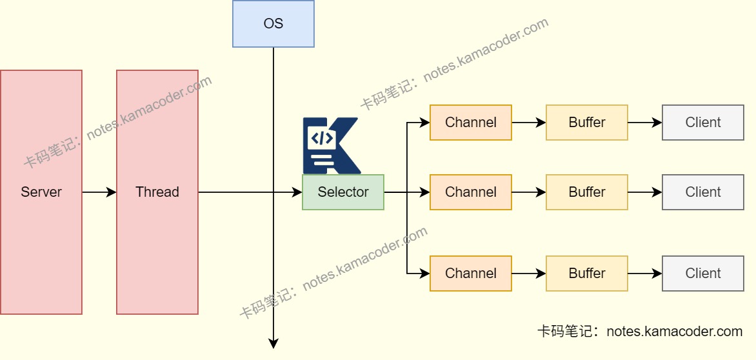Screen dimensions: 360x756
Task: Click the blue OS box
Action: pyautogui.click(x=274, y=24)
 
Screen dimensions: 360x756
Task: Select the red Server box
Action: pyautogui.click(x=41, y=192)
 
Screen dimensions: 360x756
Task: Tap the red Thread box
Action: pyautogui.click(x=157, y=192)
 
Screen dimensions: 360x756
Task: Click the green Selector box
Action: pyautogui.click(x=343, y=192)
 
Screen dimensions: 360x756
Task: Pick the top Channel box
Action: pyautogui.click(x=471, y=123)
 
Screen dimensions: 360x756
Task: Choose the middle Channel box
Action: pyautogui.click(x=471, y=192)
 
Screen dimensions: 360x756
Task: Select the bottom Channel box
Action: pyautogui.click(x=471, y=274)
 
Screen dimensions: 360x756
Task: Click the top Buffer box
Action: pyautogui.click(x=587, y=123)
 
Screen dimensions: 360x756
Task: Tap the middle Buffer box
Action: pyautogui.click(x=587, y=192)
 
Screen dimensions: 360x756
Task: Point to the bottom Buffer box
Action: pyautogui.click(x=587, y=274)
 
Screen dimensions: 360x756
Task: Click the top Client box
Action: pyautogui.click(x=703, y=123)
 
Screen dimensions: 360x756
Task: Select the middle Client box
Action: pyautogui.click(x=703, y=192)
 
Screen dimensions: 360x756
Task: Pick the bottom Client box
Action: pyautogui.click(x=703, y=274)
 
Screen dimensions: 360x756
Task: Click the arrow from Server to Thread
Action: pyautogui.click(x=99, y=192)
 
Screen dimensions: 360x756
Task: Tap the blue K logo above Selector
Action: pyautogui.click(x=330, y=145)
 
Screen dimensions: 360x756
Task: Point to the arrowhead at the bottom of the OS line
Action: pyautogui.click(x=274, y=343)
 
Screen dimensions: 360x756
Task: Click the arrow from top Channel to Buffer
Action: pyautogui.click(x=529, y=123)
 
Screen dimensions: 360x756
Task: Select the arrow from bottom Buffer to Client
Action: pyautogui.click(x=645, y=274)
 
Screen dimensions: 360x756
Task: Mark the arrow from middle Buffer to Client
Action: pyautogui.click(x=645, y=192)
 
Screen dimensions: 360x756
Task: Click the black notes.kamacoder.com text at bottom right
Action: pyautogui.click(x=640, y=332)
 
